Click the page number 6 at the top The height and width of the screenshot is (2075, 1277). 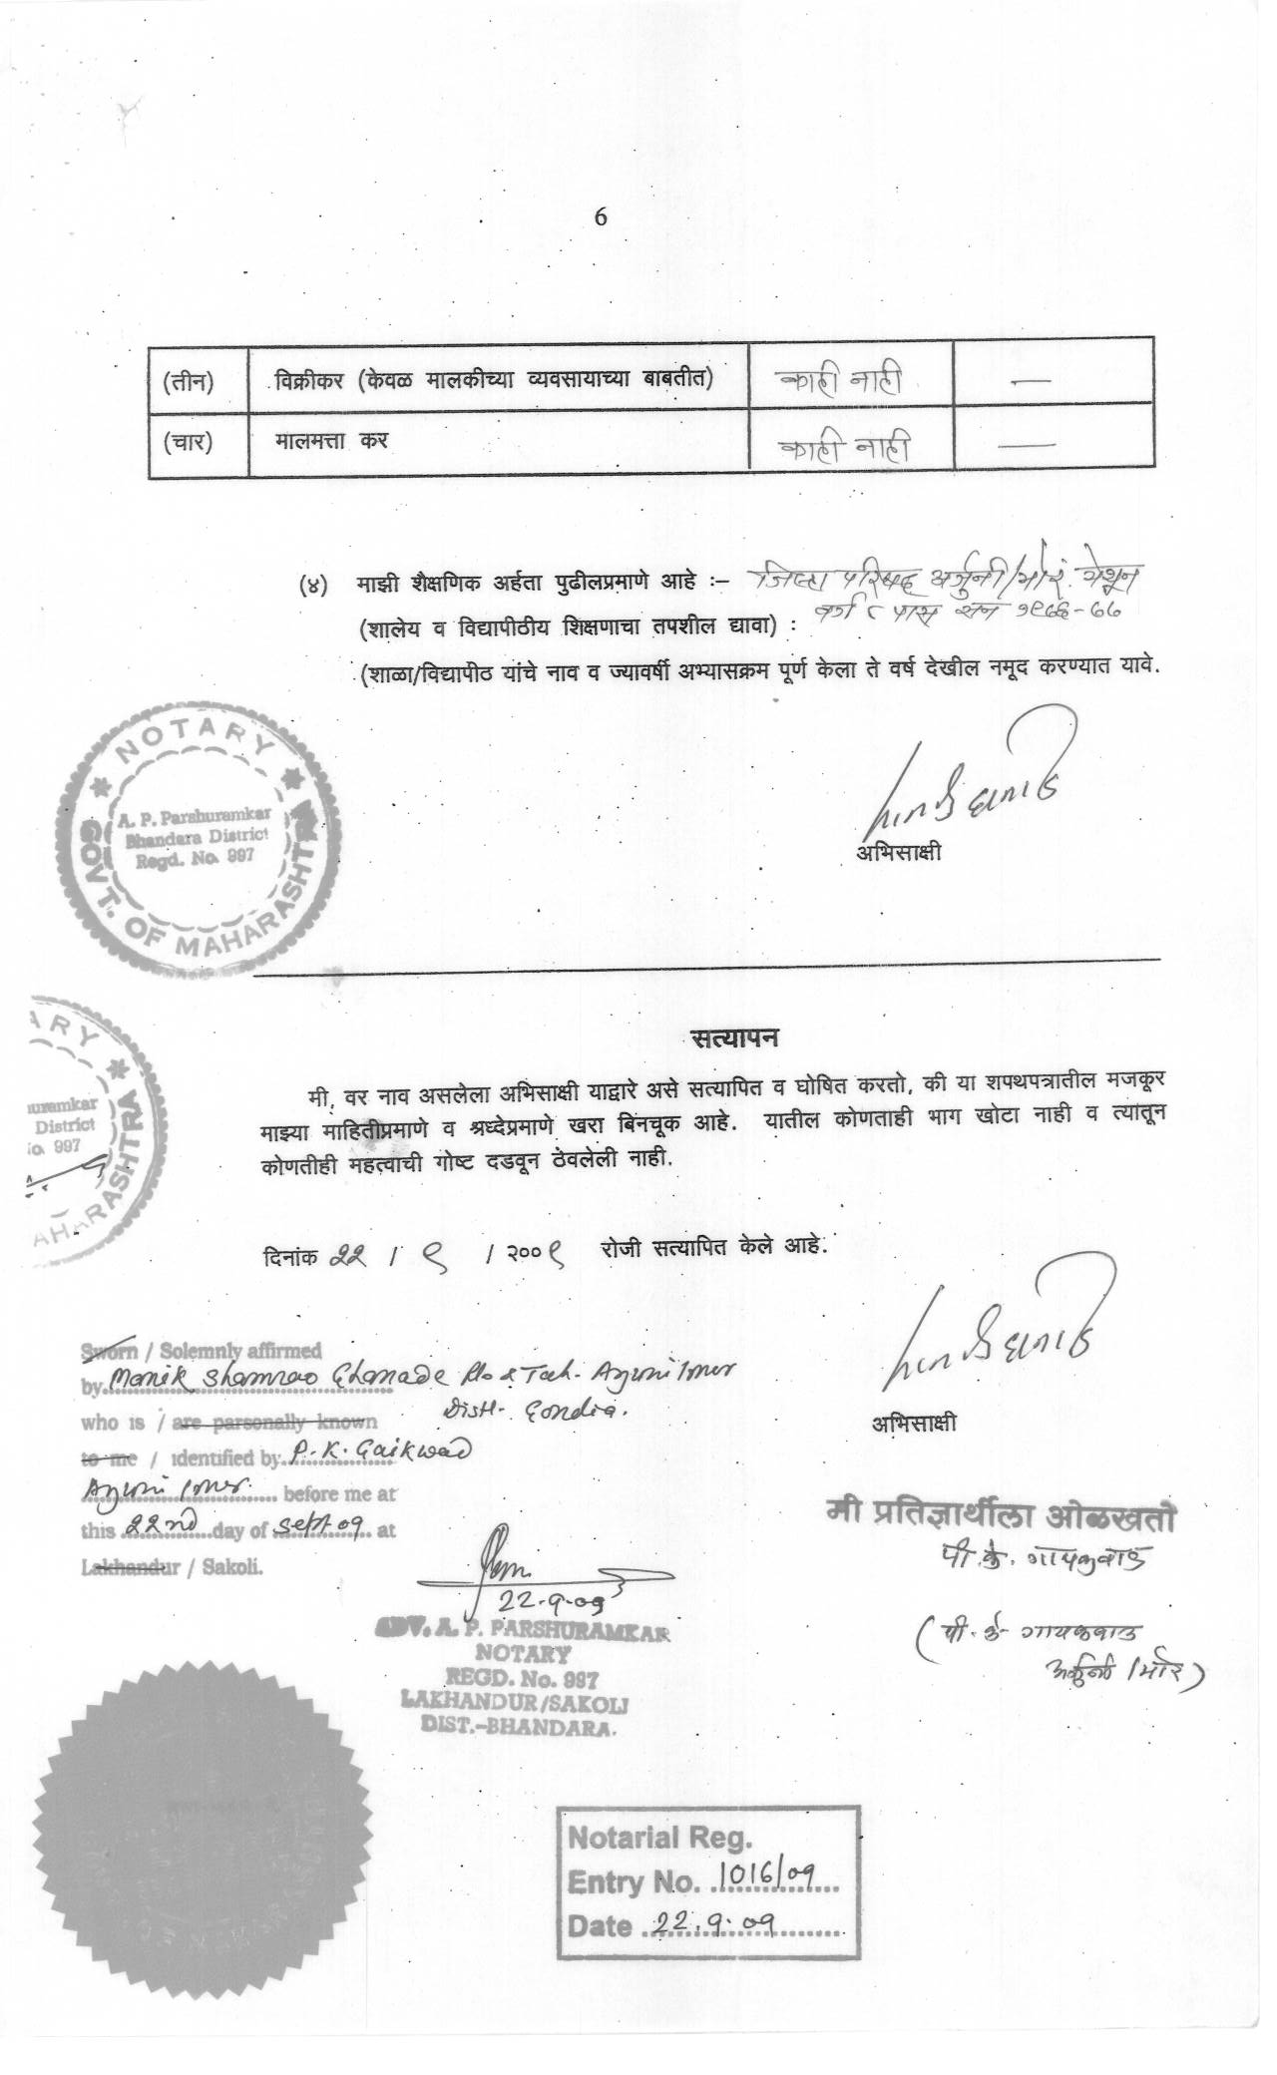[x=601, y=216]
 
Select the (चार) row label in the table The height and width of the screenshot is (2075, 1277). [x=189, y=441]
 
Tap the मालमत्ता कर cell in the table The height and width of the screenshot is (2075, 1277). [x=332, y=440]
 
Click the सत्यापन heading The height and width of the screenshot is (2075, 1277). [x=736, y=1037]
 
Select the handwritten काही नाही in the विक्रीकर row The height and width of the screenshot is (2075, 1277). [x=844, y=381]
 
